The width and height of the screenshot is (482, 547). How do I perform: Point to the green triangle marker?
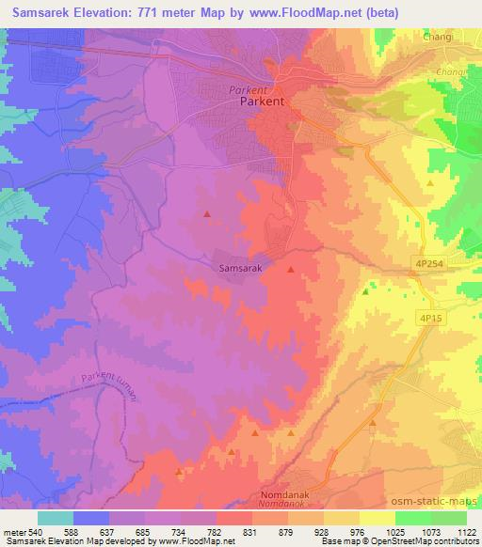click(x=366, y=291)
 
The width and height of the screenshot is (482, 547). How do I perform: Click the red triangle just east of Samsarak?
click(x=290, y=270)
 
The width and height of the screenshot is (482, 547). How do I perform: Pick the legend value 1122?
click(x=466, y=532)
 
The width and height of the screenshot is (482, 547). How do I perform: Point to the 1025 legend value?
click(x=394, y=532)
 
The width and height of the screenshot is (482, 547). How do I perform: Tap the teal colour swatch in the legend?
click(x=55, y=518)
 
